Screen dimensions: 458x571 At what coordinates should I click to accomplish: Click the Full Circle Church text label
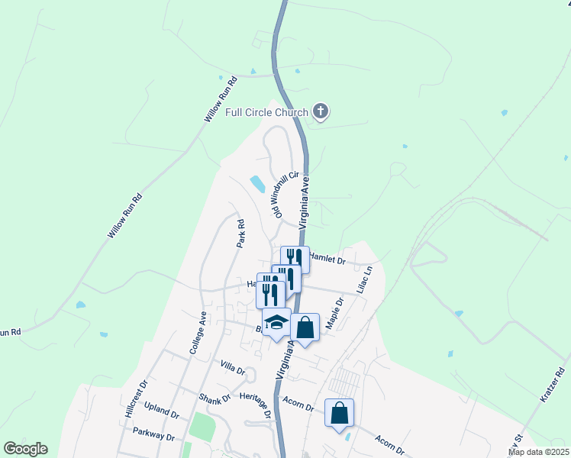[x=266, y=113]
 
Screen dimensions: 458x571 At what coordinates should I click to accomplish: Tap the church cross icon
[x=321, y=113]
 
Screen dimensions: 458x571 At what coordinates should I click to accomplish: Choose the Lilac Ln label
[x=365, y=280]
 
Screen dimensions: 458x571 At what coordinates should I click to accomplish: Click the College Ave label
[x=198, y=331]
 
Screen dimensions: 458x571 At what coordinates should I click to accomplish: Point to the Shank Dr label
[x=215, y=398]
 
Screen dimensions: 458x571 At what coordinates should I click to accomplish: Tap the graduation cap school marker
[x=276, y=322]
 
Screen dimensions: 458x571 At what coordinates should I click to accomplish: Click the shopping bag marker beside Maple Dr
[x=305, y=327]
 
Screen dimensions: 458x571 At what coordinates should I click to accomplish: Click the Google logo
[x=25, y=449]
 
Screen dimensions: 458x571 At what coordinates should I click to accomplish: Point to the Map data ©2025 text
[x=538, y=452]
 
